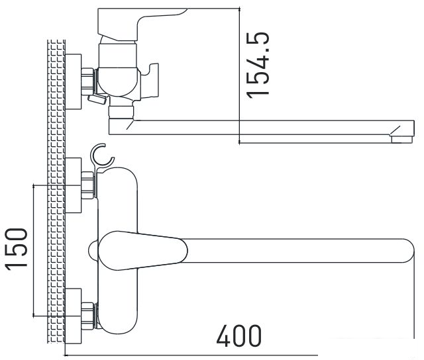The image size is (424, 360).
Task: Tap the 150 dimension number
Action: (x=16, y=249)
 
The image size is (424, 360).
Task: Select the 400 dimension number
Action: (x=238, y=336)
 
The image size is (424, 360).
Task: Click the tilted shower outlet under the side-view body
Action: (x=97, y=100)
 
